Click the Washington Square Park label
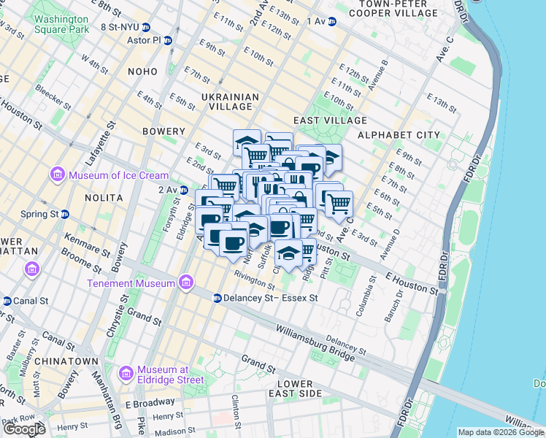click(x=61, y=23)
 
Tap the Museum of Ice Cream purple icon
click(x=57, y=175)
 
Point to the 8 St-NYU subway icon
click(x=146, y=27)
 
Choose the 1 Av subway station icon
click(x=331, y=21)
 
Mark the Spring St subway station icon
click(x=65, y=215)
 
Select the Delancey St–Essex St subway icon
click(x=217, y=298)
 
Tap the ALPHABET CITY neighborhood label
click(x=399, y=135)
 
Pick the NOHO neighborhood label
click(x=142, y=72)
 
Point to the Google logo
click(x=24, y=429)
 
